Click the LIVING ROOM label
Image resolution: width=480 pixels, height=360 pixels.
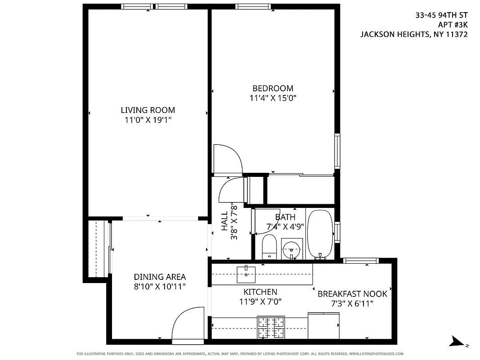(x=148, y=110)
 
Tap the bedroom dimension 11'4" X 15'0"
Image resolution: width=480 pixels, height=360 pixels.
(x=273, y=98)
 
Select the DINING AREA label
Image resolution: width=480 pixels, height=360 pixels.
(x=160, y=277)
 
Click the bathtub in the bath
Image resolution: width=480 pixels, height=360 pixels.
(x=320, y=234)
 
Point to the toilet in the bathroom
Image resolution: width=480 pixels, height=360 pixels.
(x=269, y=247)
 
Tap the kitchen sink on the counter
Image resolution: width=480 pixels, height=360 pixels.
(x=246, y=274)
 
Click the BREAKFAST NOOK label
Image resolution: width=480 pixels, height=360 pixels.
(x=352, y=294)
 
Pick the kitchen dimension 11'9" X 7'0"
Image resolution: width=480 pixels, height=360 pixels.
(x=260, y=301)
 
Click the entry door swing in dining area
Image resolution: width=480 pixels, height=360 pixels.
(x=188, y=323)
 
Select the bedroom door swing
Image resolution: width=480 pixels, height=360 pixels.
(x=228, y=158)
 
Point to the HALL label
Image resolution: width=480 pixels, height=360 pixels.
(x=224, y=222)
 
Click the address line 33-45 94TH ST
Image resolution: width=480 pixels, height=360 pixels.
(x=441, y=15)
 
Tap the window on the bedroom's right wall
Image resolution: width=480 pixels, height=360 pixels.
(x=337, y=151)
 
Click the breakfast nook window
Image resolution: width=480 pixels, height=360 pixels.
(x=361, y=260)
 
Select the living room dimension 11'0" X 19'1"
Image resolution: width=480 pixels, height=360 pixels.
(x=148, y=120)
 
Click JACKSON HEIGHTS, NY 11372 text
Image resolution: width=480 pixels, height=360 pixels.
(x=413, y=34)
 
